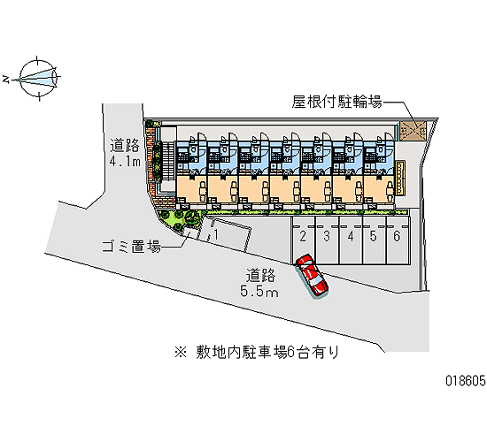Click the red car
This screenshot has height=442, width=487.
[312, 275]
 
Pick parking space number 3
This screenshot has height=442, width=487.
[327, 240]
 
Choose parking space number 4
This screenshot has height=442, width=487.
[351, 240]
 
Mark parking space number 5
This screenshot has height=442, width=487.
[375, 240]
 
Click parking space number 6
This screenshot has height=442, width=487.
[398, 240]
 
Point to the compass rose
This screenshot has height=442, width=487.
[38, 78]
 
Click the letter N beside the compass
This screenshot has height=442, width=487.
[5, 79]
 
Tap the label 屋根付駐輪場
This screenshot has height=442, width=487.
[337, 102]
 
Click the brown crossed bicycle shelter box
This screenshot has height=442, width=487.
[414, 131]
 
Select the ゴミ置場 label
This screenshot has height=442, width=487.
[132, 247]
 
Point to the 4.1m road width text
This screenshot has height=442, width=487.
[125, 161]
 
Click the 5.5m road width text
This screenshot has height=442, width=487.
[259, 292]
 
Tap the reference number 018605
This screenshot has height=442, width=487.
[466, 380]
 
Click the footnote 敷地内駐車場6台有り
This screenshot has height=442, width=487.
[267, 353]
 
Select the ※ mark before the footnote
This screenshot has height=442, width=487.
[181, 353]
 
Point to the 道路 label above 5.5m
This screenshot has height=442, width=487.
[260, 276]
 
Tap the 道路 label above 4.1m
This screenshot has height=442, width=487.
[125, 145]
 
